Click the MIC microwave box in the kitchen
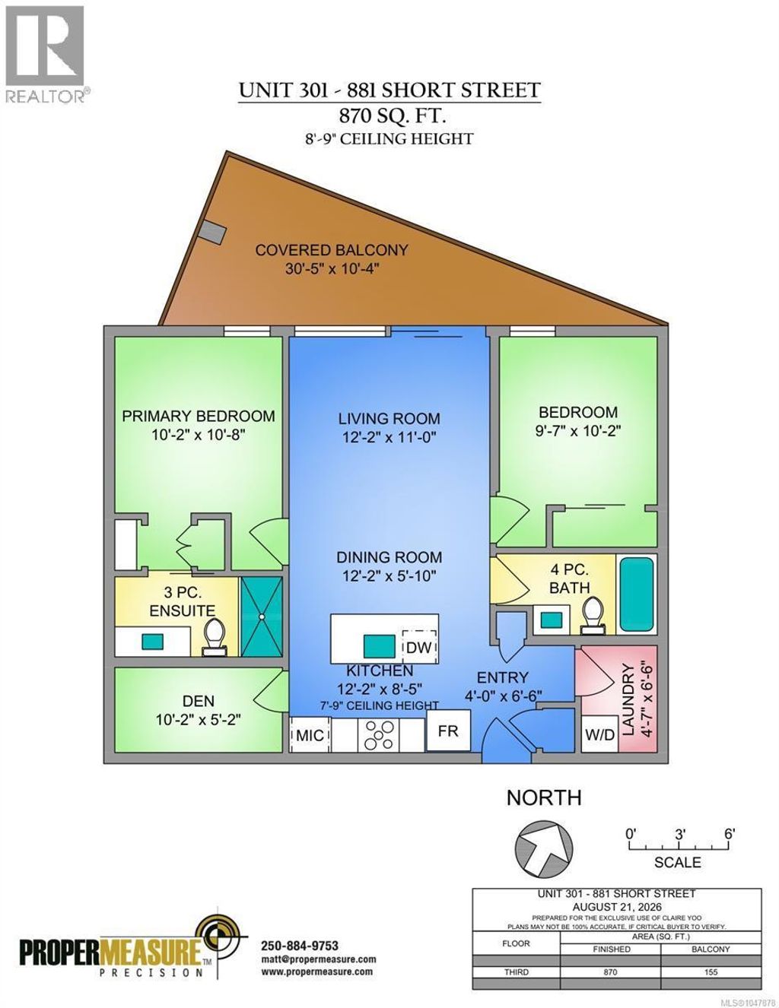[310, 734]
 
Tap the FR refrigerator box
[448, 731]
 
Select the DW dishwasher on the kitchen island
[418, 647]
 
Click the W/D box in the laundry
[599, 734]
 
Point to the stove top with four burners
[378, 734]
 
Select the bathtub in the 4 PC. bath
[637, 594]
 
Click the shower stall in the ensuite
[262, 617]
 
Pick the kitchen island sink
[380, 646]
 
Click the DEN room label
[199, 700]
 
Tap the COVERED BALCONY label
[332, 250]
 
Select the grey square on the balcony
[213, 231]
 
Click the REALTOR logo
[46, 54]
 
